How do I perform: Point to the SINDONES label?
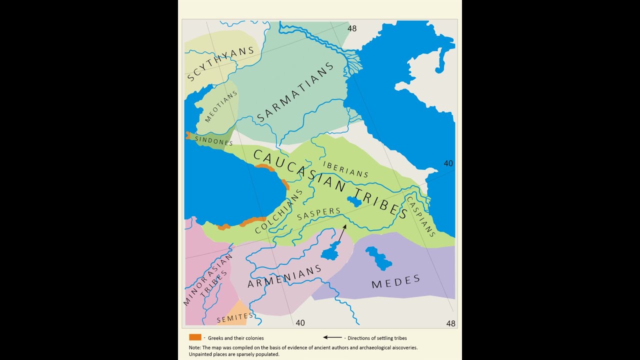pos(214,141)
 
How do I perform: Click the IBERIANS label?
pos(345,169)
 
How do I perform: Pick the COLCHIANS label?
pos(279,211)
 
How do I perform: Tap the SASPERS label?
pos(318,214)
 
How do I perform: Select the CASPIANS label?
pos(420,216)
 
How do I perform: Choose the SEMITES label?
pos(235,316)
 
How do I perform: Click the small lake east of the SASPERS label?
pos(354,201)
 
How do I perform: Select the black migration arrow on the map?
pos(340,234)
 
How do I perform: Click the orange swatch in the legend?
pos(195,337)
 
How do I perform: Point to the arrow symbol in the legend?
pos(332,337)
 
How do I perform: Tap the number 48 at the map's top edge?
pos(352,28)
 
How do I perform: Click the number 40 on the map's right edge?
pos(448,163)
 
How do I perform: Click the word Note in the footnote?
pos(194,347)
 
